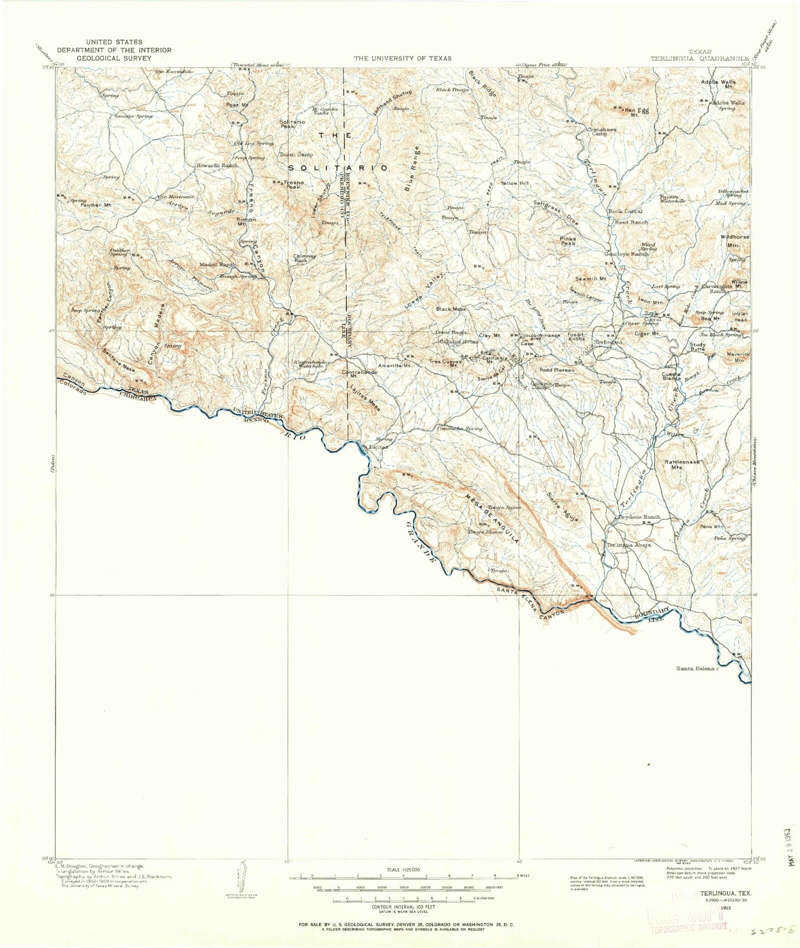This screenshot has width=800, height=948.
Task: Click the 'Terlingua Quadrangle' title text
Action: (699, 58)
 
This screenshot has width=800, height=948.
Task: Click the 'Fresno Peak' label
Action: (292, 184)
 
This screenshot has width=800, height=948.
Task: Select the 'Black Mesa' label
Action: (451, 309)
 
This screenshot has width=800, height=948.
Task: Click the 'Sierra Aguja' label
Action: (562, 507)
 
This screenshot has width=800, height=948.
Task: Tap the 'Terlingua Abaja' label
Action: (628, 545)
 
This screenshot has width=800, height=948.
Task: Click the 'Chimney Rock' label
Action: (304, 258)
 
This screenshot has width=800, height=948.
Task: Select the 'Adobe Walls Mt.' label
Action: (722, 84)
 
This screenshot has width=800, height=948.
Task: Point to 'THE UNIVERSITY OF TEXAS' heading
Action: (402, 58)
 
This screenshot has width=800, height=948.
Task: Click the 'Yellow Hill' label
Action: (515, 183)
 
